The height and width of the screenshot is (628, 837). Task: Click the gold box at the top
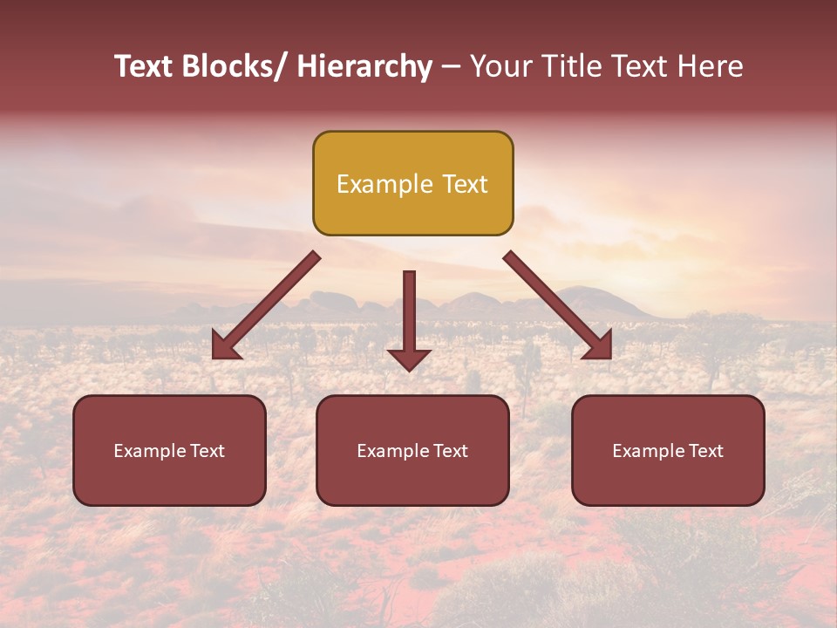pyautogui.click(x=412, y=183)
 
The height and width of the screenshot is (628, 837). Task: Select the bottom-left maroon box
pyautogui.click(x=169, y=450)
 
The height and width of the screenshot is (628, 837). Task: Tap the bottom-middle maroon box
pyautogui.click(x=412, y=450)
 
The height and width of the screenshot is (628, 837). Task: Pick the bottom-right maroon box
pyautogui.click(x=668, y=450)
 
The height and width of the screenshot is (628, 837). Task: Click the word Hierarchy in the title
pyautogui.click(x=364, y=67)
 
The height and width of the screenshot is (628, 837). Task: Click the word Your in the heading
pyautogui.click(x=499, y=67)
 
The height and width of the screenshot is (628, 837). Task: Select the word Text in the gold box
pyautogui.click(x=464, y=184)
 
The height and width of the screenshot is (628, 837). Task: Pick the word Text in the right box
pyautogui.click(x=704, y=451)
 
